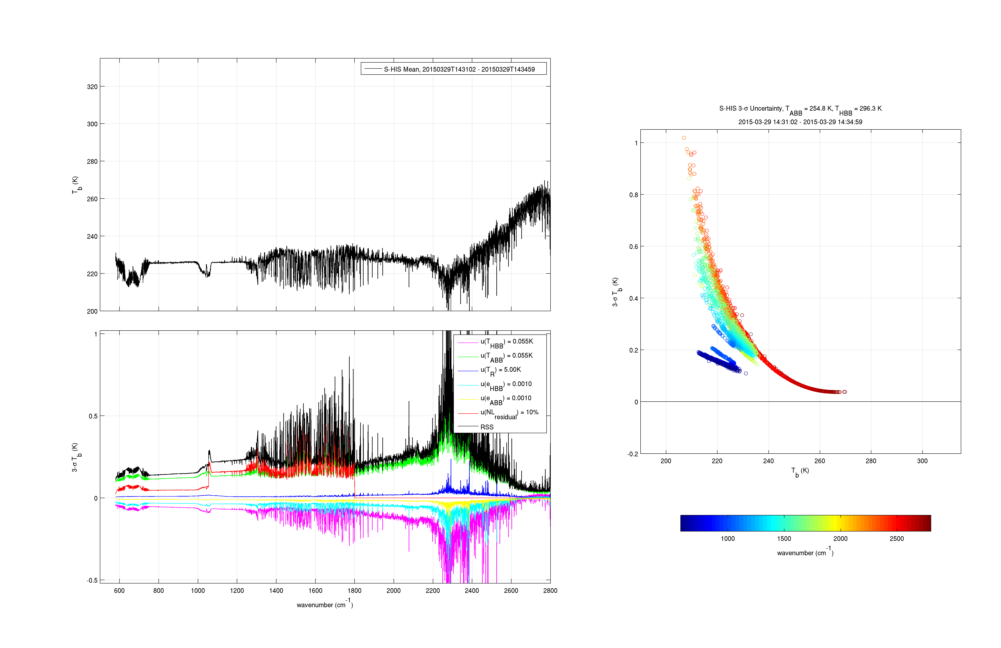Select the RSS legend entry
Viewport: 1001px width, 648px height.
[487, 427]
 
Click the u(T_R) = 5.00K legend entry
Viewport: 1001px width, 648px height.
[500, 370]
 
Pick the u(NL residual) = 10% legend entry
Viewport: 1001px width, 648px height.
[509, 413]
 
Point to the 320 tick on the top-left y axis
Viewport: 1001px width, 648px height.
[92, 87]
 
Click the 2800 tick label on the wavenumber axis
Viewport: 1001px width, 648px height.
[550, 590]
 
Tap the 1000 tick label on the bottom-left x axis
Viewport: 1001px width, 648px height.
[198, 590]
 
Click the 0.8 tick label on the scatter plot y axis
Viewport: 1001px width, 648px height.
[633, 195]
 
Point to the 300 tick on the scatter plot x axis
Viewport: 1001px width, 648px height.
[922, 461]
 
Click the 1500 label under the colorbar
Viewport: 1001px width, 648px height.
[784, 539]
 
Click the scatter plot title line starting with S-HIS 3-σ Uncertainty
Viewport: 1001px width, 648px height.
[800, 109]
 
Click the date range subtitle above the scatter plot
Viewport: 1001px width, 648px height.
[800, 122]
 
